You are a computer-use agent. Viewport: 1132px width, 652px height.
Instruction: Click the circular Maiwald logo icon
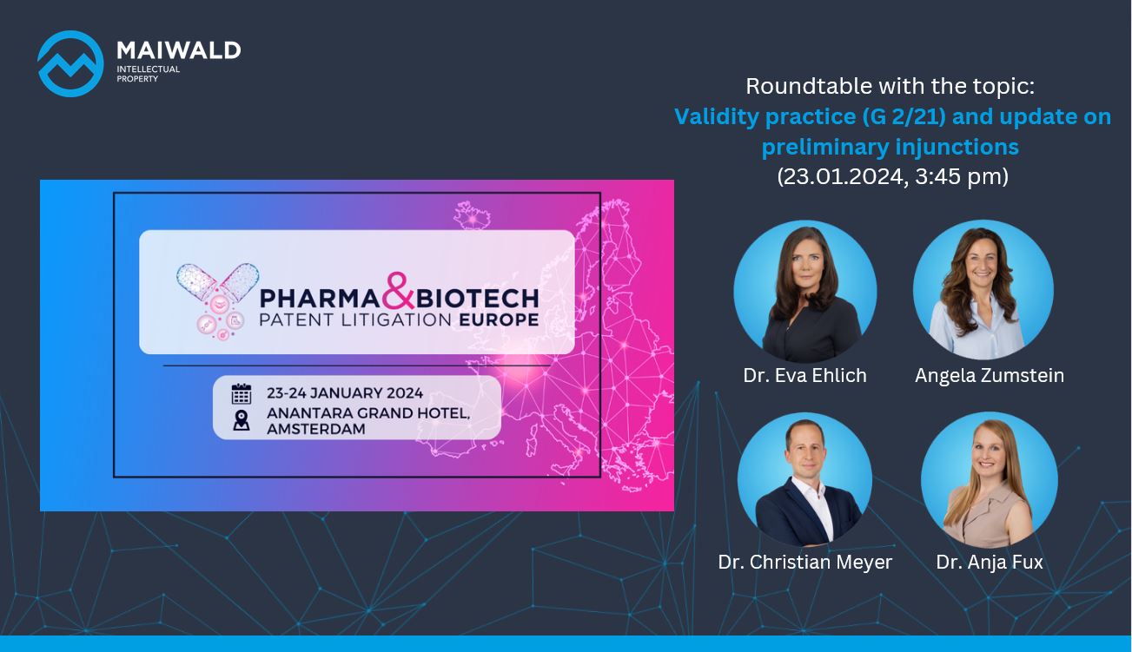[x=70, y=63]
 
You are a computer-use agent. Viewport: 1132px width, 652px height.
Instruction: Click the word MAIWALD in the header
[x=179, y=50]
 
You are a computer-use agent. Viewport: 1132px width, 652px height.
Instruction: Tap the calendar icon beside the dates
[x=241, y=394]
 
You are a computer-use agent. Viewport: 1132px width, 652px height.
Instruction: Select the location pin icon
[x=242, y=420]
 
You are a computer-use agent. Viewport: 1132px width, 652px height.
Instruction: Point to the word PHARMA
[x=320, y=299]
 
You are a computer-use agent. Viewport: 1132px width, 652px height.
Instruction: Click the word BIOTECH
[x=477, y=299]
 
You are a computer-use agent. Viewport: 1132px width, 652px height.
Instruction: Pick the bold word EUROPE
[x=499, y=319]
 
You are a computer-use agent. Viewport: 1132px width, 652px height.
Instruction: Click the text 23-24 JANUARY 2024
[x=345, y=393]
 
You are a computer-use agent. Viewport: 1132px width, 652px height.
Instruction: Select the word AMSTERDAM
[x=316, y=429]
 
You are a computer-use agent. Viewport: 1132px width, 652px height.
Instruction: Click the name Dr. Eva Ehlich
[x=804, y=376]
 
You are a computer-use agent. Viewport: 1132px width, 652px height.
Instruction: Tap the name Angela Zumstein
[x=990, y=376]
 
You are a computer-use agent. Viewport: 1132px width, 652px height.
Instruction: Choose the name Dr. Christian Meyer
[x=805, y=562]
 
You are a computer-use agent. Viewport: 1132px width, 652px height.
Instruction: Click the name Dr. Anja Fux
[x=990, y=562]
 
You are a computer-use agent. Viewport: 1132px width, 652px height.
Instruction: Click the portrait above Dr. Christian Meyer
[x=805, y=480]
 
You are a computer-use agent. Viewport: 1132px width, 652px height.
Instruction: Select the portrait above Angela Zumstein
[x=983, y=290]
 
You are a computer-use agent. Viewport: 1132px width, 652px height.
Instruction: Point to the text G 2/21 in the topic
[x=904, y=117]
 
